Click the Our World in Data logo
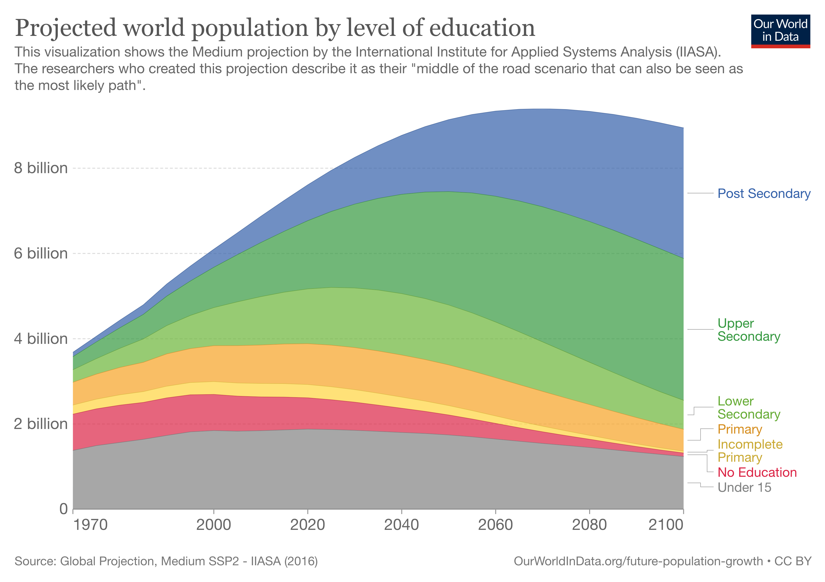pos(780,31)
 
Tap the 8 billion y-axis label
pos(41,168)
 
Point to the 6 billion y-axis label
pos(41,253)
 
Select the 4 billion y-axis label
pos(41,339)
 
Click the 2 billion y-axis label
pos(41,424)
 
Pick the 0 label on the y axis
pos(63,509)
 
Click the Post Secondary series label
pos(764,194)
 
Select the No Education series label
pos(757,472)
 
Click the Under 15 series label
pos(744,487)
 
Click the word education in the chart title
pos(482,28)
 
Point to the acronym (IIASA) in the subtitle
pos(698,52)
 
